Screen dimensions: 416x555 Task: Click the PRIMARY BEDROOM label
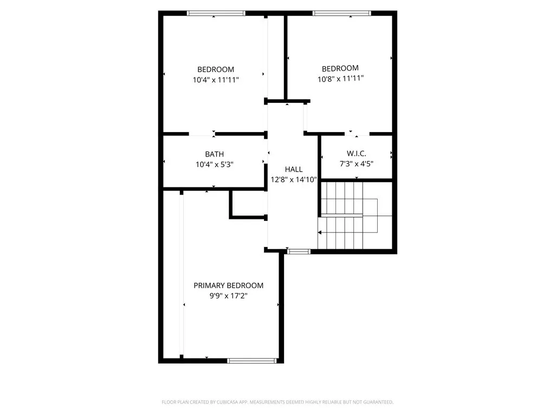coord(228,285)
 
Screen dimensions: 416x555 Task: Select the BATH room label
coord(214,154)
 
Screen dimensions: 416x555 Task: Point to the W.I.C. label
coord(356,154)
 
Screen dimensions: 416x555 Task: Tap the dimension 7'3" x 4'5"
coord(356,164)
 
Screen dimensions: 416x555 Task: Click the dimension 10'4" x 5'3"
coord(214,164)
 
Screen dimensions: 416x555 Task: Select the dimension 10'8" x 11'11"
coord(340,79)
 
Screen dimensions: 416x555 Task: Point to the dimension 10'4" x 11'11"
coord(216,80)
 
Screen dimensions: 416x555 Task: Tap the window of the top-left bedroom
coord(216,13)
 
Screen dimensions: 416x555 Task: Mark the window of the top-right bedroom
coord(342,13)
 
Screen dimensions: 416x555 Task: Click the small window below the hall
coord(298,251)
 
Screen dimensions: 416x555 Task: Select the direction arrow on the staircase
coord(321,232)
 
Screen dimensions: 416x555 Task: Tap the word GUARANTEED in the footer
coord(377,402)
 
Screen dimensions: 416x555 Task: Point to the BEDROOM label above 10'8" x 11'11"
coord(340,68)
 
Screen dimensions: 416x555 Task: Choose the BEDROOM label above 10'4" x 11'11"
coord(216,69)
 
